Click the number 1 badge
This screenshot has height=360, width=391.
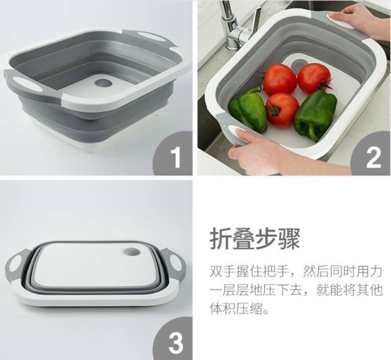174,154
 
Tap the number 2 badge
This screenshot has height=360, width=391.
371,154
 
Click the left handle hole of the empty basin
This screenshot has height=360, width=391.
24,84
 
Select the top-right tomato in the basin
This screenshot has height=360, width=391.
315,78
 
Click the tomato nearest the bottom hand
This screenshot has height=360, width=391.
282,110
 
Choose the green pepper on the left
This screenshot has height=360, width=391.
249,109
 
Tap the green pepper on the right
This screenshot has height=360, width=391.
315,115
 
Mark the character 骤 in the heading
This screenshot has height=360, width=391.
289,239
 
